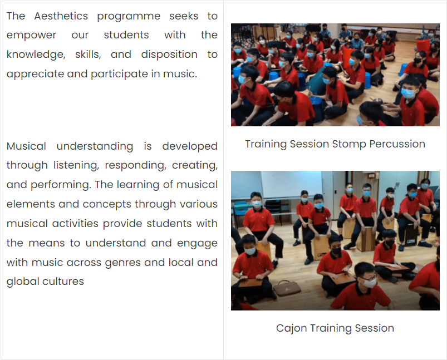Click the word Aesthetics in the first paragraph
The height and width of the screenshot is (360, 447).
[x=61, y=16]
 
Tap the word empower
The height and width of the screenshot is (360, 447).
[x=31, y=36]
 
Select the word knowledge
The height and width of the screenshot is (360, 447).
[x=36, y=55]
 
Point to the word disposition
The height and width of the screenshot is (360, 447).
[x=169, y=55]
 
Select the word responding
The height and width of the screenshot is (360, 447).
[x=135, y=165]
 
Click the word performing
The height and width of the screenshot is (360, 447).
[x=61, y=185]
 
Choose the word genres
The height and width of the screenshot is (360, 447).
[x=122, y=263]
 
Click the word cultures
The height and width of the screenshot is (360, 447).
[x=63, y=282]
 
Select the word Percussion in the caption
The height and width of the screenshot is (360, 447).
[x=397, y=144]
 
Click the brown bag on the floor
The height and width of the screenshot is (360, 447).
[x=287, y=288]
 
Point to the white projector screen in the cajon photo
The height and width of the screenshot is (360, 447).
[x=291, y=184]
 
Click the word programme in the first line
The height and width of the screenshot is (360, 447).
[x=129, y=17]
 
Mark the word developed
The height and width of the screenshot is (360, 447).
[x=190, y=146]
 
